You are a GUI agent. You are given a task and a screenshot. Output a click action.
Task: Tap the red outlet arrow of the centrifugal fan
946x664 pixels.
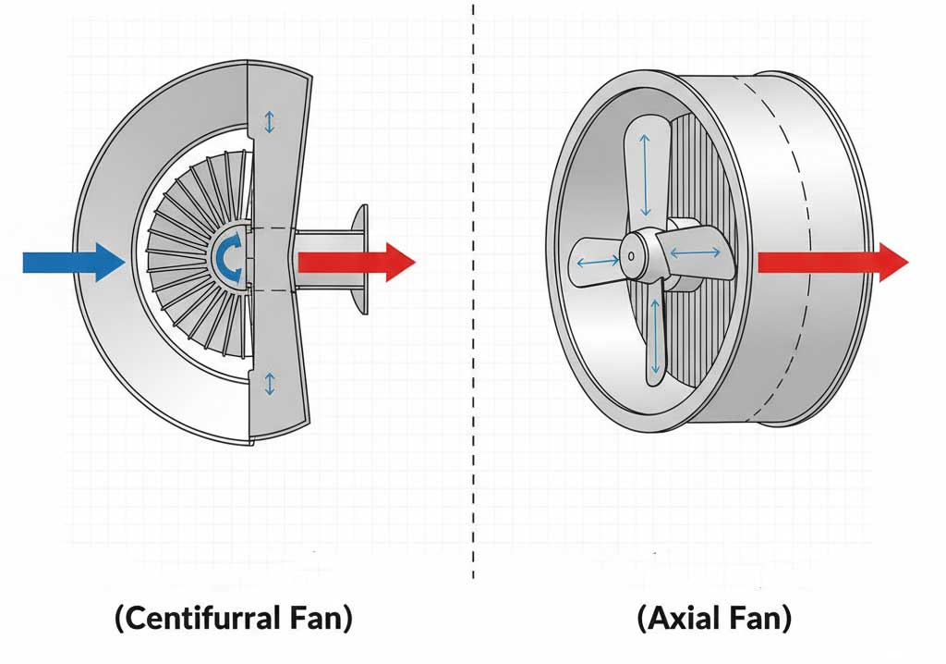click(x=357, y=263)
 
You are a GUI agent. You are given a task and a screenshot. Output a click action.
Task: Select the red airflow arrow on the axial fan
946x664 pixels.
click(x=832, y=263)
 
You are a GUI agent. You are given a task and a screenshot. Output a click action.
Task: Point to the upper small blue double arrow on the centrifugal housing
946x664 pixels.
click(x=269, y=121)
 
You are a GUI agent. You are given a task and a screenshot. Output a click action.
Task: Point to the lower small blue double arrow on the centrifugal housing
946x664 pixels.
click(x=270, y=384)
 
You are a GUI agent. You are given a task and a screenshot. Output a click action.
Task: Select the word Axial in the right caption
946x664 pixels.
click(x=679, y=618)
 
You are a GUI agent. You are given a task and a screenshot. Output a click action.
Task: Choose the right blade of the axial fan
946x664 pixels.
click(x=697, y=252)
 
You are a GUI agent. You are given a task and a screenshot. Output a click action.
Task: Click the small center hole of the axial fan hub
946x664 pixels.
click(x=631, y=256)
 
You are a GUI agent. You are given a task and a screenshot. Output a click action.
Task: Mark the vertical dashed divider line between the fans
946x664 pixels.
click(x=473, y=292)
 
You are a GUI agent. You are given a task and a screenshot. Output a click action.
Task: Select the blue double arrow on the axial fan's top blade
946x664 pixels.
click(x=645, y=175)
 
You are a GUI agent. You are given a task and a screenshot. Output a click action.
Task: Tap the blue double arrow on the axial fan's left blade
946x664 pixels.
click(x=598, y=262)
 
